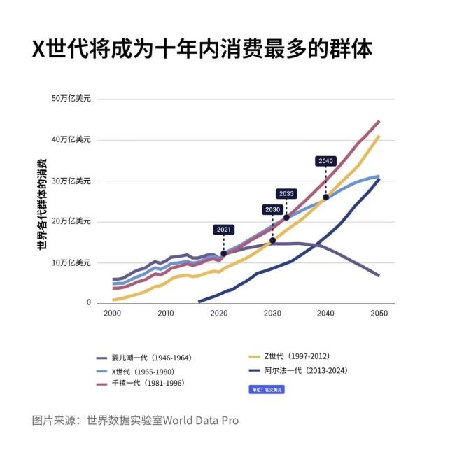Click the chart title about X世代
click(x=202, y=48)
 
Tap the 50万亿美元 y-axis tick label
click(x=72, y=99)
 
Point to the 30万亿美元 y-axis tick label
click(x=72, y=181)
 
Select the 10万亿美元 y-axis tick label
click(x=72, y=262)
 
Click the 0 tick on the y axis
click(x=89, y=303)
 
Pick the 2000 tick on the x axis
click(x=112, y=314)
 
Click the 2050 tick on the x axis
click(x=379, y=314)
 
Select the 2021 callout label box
click(x=223, y=229)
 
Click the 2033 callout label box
click(x=286, y=194)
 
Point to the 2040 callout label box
click(x=325, y=161)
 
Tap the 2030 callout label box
click(x=272, y=209)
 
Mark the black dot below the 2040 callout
click(x=325, y=197)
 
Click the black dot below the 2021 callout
click(x=223, y=253)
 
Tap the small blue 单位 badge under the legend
click(x=266, y=389)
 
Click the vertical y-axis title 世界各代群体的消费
click(x=41, y=203)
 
